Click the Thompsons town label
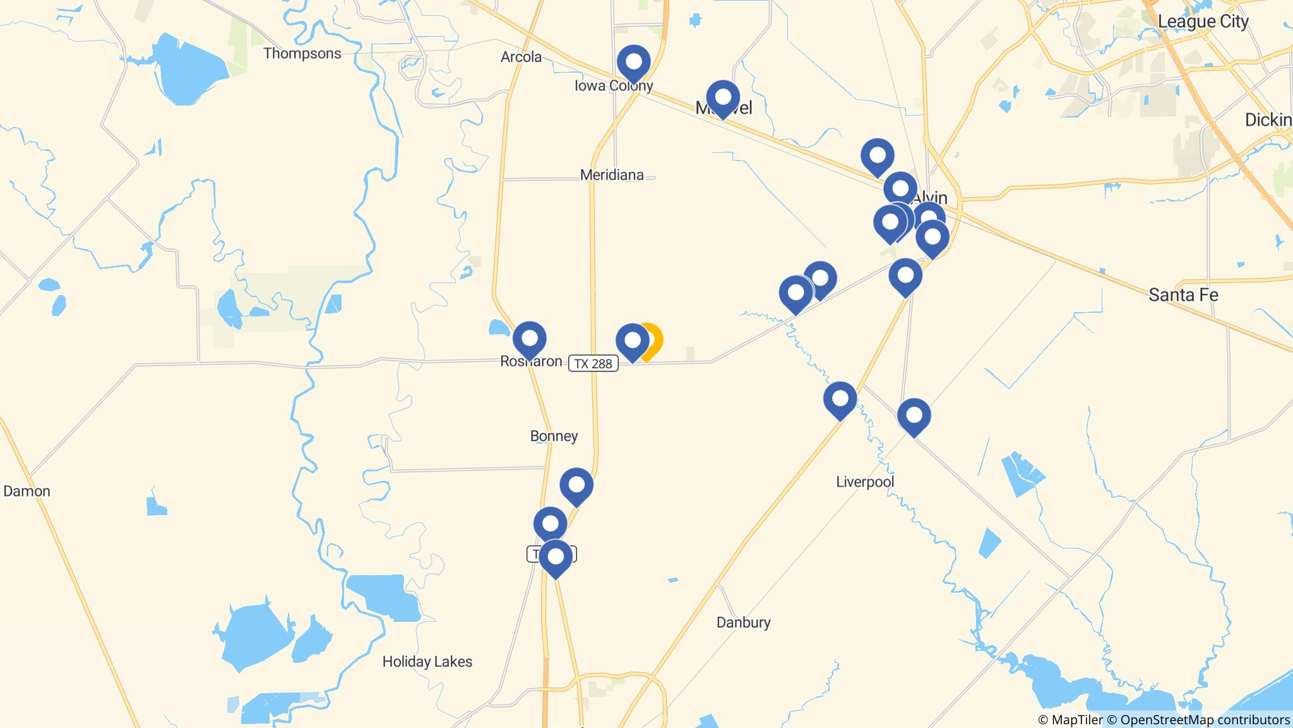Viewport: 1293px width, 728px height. click(302, 53)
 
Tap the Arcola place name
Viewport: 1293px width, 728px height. click(521, 57)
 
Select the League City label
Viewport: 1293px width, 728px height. click(1203, 21)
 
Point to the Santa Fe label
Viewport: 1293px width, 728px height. click(1183, 294)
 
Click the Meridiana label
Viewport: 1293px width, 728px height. click(612, 175)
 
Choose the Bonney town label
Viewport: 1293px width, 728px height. click(554, 436)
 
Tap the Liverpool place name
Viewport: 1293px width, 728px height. click(865, 482)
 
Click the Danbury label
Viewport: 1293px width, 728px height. click(743, 622)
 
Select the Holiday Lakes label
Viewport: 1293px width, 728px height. click(427, 662)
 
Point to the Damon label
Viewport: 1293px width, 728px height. click(27, 491)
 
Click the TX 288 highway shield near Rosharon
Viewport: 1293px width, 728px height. click(593, 363)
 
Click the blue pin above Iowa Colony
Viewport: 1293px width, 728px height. click(633, 63)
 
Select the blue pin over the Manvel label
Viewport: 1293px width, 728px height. click(723, 98)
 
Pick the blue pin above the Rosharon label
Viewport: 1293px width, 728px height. click(529, 339)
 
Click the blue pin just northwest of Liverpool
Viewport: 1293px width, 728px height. click(840, 399)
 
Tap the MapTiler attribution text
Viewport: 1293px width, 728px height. click(1070, 720)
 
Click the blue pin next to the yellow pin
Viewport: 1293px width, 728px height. click(632, 341)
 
